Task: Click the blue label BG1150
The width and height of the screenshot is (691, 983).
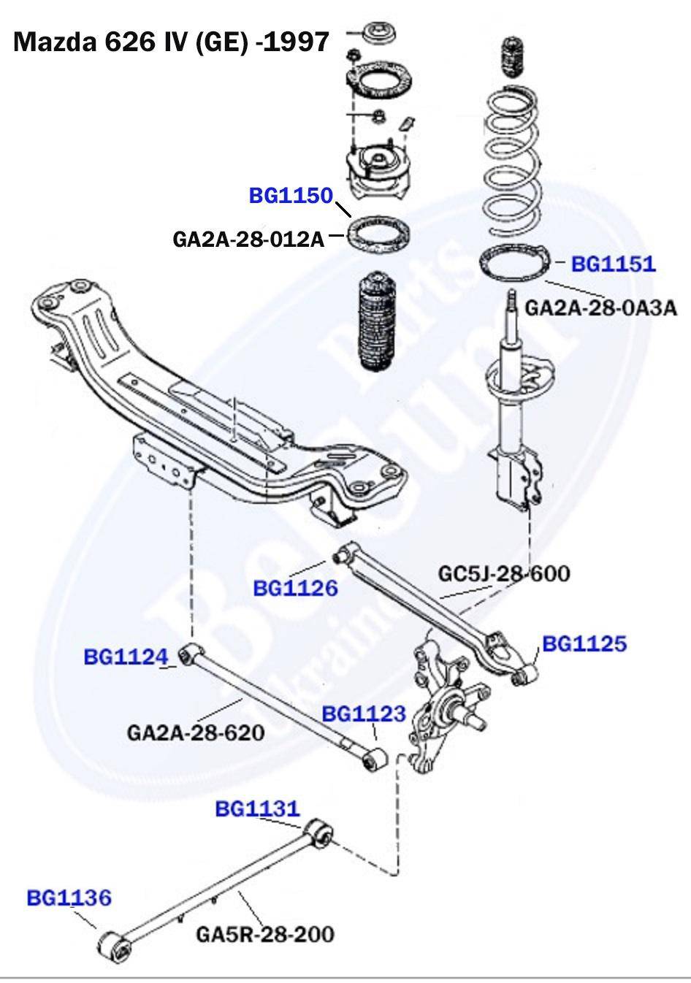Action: tap(291, 196)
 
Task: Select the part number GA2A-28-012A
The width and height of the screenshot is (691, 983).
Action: tap(248, 239)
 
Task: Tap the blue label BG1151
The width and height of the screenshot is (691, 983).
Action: tap(613, 264)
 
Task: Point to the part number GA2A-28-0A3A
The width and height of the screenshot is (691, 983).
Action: tap(600, 307)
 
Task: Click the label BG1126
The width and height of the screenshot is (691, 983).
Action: tap(295, 588)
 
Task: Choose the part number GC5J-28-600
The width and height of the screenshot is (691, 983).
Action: tap(503, 573)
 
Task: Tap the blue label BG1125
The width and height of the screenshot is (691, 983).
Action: tap(584, 643)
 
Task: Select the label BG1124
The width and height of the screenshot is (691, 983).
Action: tap(126, 657)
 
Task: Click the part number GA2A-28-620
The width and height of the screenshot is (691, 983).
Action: tap(195, 731)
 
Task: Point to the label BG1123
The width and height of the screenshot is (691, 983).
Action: tap(363, 714)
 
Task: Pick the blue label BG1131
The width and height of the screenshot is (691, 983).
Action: tap(257, 808)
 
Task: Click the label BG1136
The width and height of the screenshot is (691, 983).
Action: tap(69, 897)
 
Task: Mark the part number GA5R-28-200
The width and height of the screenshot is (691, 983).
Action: tap(264, 933)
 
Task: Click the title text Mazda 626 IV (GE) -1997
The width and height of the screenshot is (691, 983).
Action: tap(171, 42)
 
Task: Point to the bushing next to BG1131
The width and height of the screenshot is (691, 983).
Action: tap(319, 833)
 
